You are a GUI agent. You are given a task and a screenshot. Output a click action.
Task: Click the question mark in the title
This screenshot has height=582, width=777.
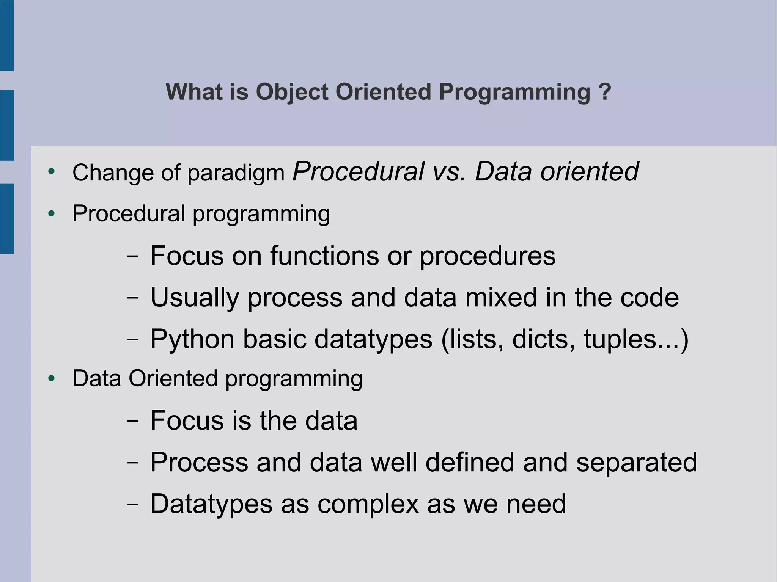click(x=604, y=92)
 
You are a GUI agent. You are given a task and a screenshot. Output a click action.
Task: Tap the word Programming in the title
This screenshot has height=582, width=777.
click(x=514, y=93)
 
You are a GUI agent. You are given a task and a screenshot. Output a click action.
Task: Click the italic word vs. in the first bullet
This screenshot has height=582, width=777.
click(x=449, y=171)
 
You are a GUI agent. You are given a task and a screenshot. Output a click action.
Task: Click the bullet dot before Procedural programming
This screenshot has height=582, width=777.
click(x=52, y=214)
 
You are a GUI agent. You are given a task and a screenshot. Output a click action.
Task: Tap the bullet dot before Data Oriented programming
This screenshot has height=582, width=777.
click(x=52, y=378)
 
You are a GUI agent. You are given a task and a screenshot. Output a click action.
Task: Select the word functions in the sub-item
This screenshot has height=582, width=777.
click(x=324, y=256)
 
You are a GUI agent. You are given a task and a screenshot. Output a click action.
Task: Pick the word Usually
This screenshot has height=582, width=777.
click(x=195, y=298)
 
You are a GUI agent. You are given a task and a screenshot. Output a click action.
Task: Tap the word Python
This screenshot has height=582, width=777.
click(x=192, y=339)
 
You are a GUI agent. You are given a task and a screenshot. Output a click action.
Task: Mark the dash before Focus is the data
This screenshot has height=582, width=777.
click(x=132, y=421)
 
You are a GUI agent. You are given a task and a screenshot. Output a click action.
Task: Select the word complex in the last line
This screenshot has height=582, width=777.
click(x=368, y=504)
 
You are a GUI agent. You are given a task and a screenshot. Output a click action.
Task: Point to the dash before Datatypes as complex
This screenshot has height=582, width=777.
click(x=132, y=504)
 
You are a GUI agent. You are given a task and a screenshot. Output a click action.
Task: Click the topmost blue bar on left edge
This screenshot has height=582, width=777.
click(x=7, y=35)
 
